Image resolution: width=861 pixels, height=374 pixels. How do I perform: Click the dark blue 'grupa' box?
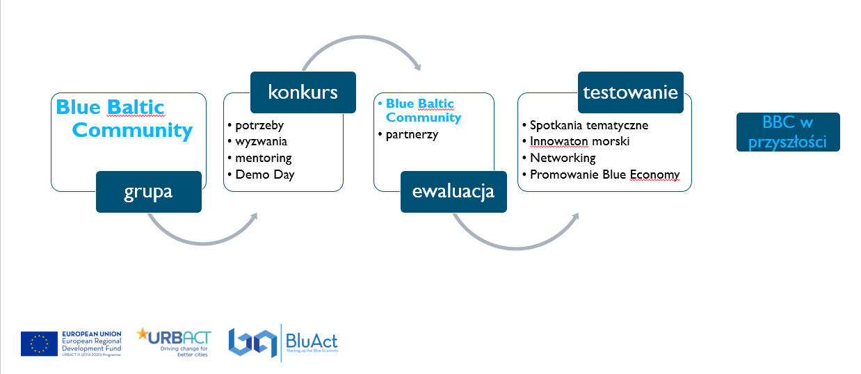pyautogui.click(x=149, y=192)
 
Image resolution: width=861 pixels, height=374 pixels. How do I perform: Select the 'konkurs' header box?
pyautogui.click(x=303, y=92)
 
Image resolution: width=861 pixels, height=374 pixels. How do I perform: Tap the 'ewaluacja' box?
pyautogui.click(x=453, y=192)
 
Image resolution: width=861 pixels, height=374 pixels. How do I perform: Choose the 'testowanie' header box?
pyautogui.click(x=631, y=92)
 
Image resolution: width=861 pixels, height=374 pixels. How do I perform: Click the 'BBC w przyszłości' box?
pyautogui.click(x=789, y=132)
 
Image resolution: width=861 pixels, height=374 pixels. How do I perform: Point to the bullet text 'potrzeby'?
pyautogui.click(x=259, y=125)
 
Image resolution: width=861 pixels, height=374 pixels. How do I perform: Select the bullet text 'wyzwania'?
pyautogui.click(x=261, y=142)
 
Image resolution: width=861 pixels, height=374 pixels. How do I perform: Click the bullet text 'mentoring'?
pyautogui.click(x=264, y=158)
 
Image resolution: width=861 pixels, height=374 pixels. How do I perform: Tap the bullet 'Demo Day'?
pyautogui.click(x=265, y=175)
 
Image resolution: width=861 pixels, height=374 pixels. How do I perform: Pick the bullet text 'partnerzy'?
pyautogui.click(x=412, y=135)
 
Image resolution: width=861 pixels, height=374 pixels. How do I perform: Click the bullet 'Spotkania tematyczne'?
pyautogui.click(x=589, y=125)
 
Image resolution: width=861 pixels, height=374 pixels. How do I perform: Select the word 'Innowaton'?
pyautogui.click(x=559, y=141)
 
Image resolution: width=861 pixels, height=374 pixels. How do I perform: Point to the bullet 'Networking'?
pyautogui.click(x=563, y=158)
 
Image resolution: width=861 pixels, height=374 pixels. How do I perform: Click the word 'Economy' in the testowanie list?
pyautogui.click(x=654, y=175)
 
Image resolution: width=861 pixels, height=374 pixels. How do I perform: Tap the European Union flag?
pyautogui.click(x=39, y=343)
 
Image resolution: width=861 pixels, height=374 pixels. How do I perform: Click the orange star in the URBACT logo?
pyautogui.click(x=142, y=334)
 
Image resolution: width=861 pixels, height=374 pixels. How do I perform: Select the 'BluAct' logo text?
pyautogui.click(x=312, y=341)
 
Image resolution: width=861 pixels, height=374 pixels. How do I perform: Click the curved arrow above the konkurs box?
pyautogui.click(x=362, y=38)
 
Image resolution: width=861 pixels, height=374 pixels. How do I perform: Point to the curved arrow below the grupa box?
pyautogui.click(x=204, y=243)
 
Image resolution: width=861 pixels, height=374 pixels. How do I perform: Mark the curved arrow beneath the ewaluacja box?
pyautogui.click(x=517, y=248)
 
